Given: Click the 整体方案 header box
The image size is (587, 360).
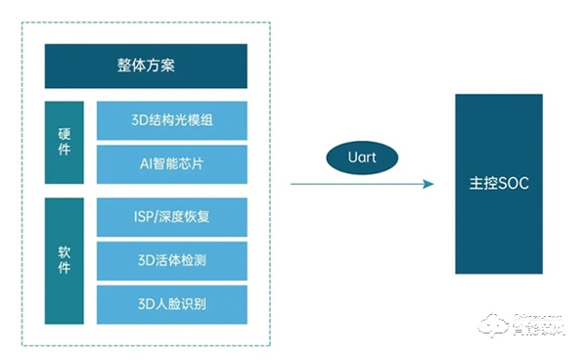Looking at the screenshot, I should pos(146,67).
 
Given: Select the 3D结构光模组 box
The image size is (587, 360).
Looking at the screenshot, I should pos(172,120).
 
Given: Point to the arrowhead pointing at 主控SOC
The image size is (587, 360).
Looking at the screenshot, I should pos(427,184).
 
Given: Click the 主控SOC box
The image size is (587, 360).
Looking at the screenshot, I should pos(498,183).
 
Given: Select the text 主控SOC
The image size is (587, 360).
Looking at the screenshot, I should pos(498,184).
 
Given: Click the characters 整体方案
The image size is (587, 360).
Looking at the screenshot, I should pos(146,67).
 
